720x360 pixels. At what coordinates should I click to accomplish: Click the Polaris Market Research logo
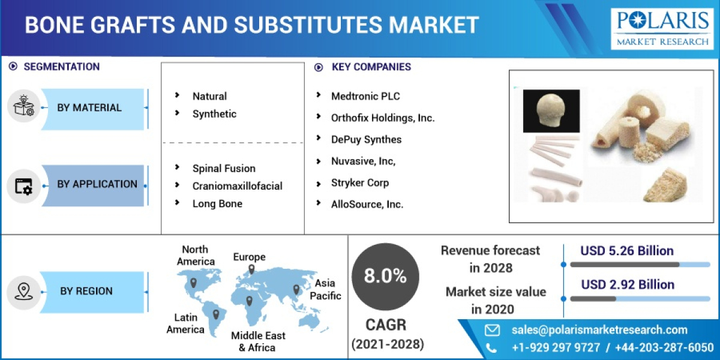click(x=663, y=28)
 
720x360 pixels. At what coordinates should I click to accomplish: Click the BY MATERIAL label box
click(x=90, y=108)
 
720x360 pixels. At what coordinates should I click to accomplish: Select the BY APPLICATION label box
click(x=96, y=185)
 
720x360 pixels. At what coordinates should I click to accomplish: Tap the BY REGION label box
click(x=87, y=291)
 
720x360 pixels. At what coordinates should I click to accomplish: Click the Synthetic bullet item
click(x=214, y=114)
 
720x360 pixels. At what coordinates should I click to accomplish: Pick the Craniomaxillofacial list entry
click(x=237, y=186)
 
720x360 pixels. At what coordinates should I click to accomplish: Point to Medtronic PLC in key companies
click(x=365, y=96)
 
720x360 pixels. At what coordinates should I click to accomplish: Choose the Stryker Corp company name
click(x=359, y=182)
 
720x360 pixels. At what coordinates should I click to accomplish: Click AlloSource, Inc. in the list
click(x=367, y=204)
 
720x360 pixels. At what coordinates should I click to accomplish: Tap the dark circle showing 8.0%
click(x=385, y=277)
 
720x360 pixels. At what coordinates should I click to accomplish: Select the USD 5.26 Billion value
click(x=627, y=251)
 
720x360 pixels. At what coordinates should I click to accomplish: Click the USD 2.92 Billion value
click(x=627, y=284)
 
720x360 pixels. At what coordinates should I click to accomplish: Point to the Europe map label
click(x=249, y=257)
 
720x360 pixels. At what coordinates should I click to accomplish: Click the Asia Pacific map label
click(x=325, y=289)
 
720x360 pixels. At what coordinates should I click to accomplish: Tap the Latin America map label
click(x=185, y=323)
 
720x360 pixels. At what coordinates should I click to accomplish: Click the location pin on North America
click(x=193, y=282)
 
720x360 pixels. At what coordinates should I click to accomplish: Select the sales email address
click(x=599, y=329)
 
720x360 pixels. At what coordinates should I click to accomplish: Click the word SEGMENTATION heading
click(x=61, y=67)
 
